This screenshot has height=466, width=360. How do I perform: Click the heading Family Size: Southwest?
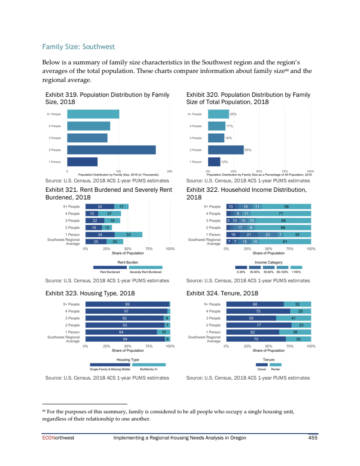(78, 47)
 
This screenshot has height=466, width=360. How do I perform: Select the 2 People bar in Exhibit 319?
(111, 149)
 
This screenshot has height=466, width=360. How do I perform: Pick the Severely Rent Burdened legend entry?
(145, 271)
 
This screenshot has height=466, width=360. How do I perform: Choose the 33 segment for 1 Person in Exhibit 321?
(129, 235)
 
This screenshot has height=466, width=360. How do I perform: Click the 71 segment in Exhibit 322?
(280, 213)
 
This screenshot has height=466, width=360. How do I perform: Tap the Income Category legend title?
(269, 262)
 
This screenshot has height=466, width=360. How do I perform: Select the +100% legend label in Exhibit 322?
(296, 271)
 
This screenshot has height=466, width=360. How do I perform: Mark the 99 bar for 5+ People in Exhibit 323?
(127, 304)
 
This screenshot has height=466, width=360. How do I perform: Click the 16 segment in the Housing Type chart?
(163, 332)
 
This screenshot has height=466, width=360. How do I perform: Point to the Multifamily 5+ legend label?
(149, 369)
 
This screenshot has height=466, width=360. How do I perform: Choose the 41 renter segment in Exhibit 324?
(293, 318)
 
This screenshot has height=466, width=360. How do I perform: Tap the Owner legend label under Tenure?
(261, 369)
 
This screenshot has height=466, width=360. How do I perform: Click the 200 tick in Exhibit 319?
(170, 171)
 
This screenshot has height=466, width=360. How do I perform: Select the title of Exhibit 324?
(222, 293)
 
